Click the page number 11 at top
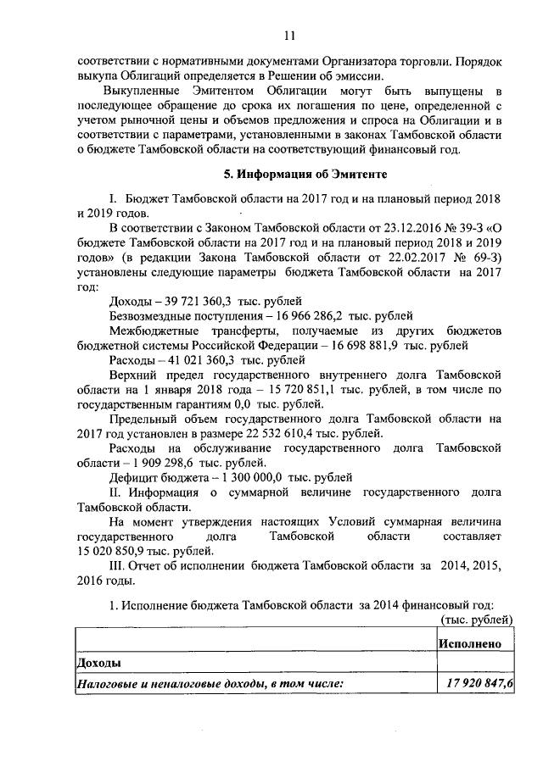click(288, 35)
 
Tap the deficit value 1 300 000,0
click(241, 476)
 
